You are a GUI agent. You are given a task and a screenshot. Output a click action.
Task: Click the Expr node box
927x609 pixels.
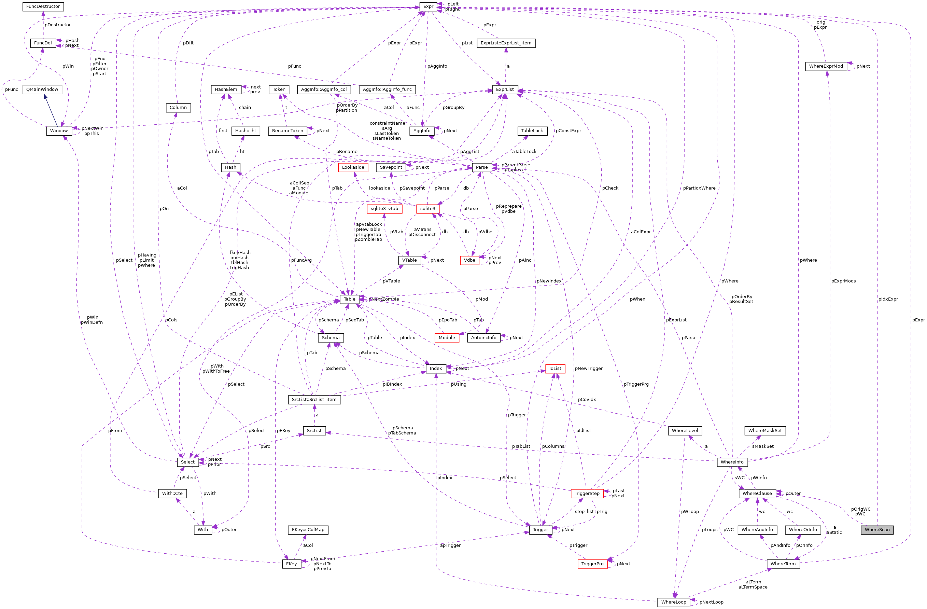click(x=428, y=6)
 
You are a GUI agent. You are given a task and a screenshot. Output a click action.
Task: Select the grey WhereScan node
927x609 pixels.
click(x=877, y=529)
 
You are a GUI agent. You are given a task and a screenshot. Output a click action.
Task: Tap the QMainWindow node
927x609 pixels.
click(x=42, y=89)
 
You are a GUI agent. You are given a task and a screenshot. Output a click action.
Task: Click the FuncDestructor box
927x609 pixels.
click(x=43, y=6)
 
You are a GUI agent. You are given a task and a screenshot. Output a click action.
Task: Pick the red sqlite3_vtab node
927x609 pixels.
click(x=384, y=209)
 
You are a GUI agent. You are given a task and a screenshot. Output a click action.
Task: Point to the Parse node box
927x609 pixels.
click(x=481, y=168)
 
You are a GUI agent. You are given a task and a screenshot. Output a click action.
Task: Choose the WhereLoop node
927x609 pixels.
click(x=673, y=602)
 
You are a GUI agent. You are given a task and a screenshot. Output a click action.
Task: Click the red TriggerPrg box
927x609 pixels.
click(x=592, y=564)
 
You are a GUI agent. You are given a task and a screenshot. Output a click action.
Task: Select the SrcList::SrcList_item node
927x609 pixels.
click(x=314, y=399)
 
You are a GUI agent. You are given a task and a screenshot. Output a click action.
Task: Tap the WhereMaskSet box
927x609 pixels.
click(x=764, y=431)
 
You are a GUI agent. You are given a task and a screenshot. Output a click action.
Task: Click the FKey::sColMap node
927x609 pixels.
click(x=308, y=530)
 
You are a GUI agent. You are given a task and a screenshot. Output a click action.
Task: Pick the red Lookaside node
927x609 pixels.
click(x=353, y=168)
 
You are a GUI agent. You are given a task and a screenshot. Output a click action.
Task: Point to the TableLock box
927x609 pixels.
click(x=532, y=131)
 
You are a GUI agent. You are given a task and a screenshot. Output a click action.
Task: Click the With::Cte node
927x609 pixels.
click(x=172, y=493)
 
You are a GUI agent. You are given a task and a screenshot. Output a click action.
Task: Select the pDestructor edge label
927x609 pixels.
click(x=58, y=25)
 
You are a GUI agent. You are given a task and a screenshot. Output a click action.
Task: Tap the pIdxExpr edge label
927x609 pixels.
click(x=888, y=299)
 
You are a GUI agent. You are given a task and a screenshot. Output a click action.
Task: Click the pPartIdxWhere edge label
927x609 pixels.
click(x=699, y=188)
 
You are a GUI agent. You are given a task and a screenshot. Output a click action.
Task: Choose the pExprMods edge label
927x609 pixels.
click(x=843, y=281)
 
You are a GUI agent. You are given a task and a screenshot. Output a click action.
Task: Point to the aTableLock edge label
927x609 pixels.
click(x=524, y=152)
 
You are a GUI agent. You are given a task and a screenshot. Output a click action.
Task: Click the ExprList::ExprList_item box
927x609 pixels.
click(x=506, y=43)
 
